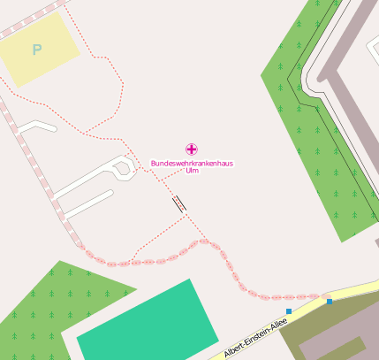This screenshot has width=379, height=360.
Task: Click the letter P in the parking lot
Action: pyautogui.click(x=36, y=50)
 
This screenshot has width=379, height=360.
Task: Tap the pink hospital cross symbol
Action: pyautogui.click(x=191, y=149)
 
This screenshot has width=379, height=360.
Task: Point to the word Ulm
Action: pyautogui.click(x=192, y=171)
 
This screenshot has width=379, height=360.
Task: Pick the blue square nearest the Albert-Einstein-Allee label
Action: pyautogui.click(x=289, y=311)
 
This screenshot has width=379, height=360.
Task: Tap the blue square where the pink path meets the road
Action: pyautogui.click(x=330, y=302)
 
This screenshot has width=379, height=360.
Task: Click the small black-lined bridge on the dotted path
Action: pyautogui.click(x=179, y=203)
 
